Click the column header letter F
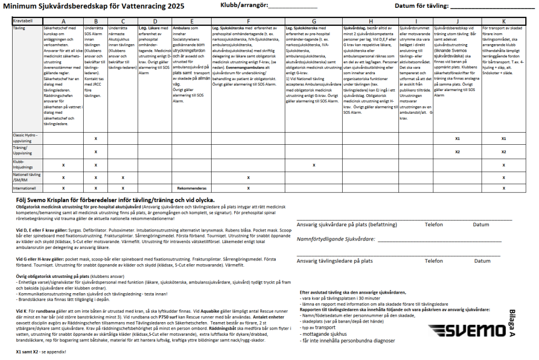[247, 21]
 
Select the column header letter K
[504, 21]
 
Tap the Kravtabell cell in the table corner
[23, 20]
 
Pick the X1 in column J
[458, 138]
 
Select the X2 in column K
[504, 152]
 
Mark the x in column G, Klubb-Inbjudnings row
[314, 165]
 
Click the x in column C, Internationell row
[122, 187]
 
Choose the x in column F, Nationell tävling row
[247, 177]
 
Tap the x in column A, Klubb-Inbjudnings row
[63, 165]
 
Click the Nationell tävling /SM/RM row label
[26, 177]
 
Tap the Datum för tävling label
[422, 6]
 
